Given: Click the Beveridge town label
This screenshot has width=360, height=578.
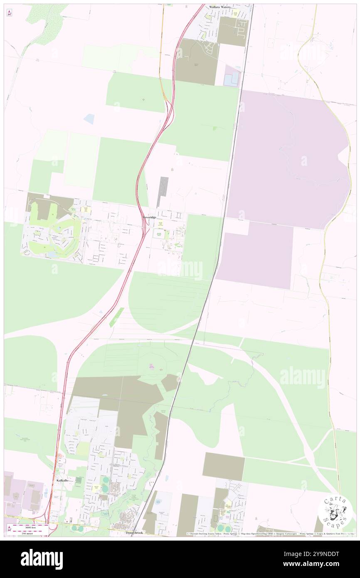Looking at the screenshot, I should click(x=149, y=217).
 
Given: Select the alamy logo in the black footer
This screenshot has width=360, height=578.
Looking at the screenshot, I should click(x=42, y=558).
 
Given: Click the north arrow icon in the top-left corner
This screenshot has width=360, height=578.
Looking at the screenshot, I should click(x=10, y=13).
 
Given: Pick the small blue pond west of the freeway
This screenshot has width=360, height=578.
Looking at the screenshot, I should click(x=89, y=119).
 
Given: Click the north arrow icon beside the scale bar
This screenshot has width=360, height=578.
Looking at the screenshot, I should click(x=9, y=529).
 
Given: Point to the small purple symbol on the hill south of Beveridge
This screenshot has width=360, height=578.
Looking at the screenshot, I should click(x=152, y=366).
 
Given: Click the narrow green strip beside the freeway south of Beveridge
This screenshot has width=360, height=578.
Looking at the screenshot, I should click(x=116, y=317).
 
